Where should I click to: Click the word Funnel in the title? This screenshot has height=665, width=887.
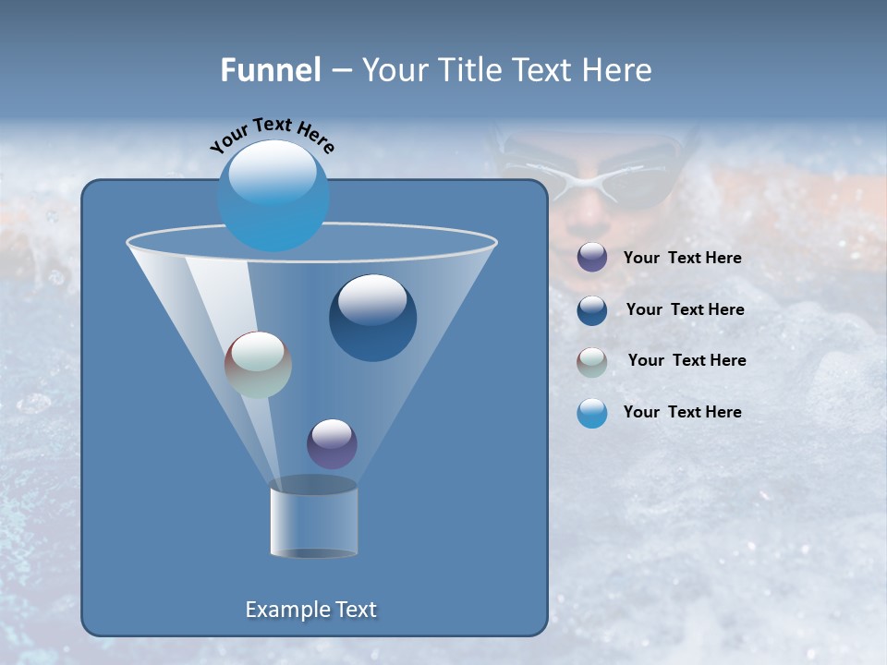pos(270,70)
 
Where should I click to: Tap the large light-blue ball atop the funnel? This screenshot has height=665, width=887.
pos(273,196)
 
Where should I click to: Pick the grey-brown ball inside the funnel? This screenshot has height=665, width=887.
pos(258,365)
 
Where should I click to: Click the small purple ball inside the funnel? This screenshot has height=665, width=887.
pos(332,443)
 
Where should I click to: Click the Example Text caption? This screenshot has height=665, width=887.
pos(310,610)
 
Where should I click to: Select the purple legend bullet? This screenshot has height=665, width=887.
pos(592,258)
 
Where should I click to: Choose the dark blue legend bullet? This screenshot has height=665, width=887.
pos(592,310)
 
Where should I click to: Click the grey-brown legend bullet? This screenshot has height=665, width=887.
pos(592,362)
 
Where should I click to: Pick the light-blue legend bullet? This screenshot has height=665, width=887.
pos(592,413)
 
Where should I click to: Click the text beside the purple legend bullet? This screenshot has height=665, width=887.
pos(682,258)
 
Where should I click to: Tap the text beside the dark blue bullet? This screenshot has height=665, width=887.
pos(685,309)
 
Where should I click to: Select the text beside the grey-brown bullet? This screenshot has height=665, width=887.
pos(687,360)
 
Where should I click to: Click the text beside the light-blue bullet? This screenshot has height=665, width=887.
pos(682,412)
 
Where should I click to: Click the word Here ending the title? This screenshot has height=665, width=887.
pos(619,70)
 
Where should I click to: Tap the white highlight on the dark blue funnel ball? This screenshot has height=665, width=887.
pos(372,298)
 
